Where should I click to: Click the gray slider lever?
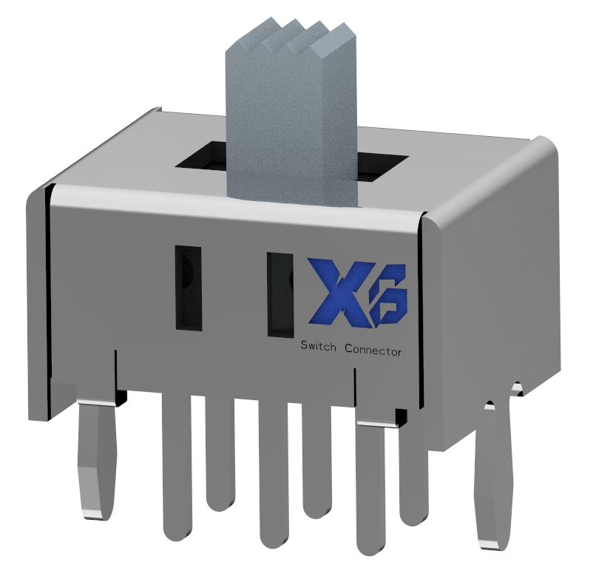coord(291,114)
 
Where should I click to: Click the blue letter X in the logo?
coord(339,294)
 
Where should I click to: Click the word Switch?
coord(319,347)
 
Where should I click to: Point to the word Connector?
coord(373,350)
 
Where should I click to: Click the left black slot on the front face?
coord(188,288)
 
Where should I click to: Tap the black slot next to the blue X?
coord(280,294)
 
